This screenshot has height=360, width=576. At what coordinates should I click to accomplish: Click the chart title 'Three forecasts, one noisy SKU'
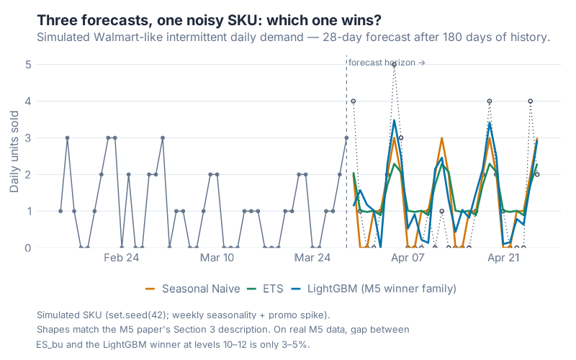click(209, 19)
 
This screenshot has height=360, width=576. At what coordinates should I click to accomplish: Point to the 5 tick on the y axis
click(27, 64)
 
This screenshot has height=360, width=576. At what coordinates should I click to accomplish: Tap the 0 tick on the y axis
click(27, 248)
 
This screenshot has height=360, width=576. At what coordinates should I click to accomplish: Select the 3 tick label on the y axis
click(27, 138)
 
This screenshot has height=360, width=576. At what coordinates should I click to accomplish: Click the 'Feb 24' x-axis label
click(122, 258)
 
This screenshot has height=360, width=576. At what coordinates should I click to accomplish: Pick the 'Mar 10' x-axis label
click(217, 258)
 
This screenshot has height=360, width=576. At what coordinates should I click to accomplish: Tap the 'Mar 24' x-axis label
click(312, 258)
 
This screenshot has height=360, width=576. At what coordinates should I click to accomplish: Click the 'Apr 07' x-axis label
click(408, 258)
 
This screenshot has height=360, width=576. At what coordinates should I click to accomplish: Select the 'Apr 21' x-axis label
click(503, 258)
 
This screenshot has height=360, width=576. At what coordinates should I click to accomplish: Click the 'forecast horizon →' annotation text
click(387, 63)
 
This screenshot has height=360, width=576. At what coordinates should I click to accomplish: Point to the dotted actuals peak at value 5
click(394, 65)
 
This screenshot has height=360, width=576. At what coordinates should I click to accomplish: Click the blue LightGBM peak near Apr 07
click(394, 120)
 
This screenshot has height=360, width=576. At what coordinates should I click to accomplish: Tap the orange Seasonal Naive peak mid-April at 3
click(441, 138)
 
